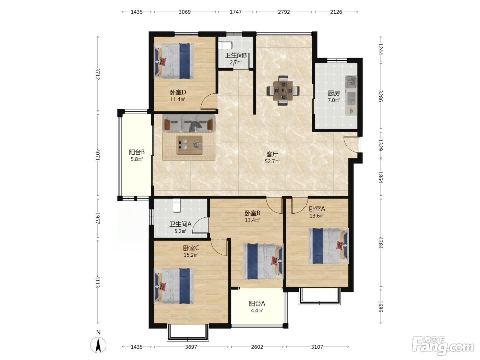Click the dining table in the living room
[283, 91]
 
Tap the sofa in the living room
[189, 123]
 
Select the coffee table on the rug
[189, 145]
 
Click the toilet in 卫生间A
[177, 205]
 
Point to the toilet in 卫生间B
[225, 46]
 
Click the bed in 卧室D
[174, 61]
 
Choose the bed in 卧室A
[328, 246]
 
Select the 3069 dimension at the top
[185, 12]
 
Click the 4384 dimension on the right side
[381, 243]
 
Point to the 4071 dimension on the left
[98, 155]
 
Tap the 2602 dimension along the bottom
[257, 347]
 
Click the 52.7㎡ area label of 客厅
[272, 161]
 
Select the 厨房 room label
[334, 93]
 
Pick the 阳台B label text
[137, 152]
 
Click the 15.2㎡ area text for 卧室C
[191, 255]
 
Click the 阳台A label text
[257, 303]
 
